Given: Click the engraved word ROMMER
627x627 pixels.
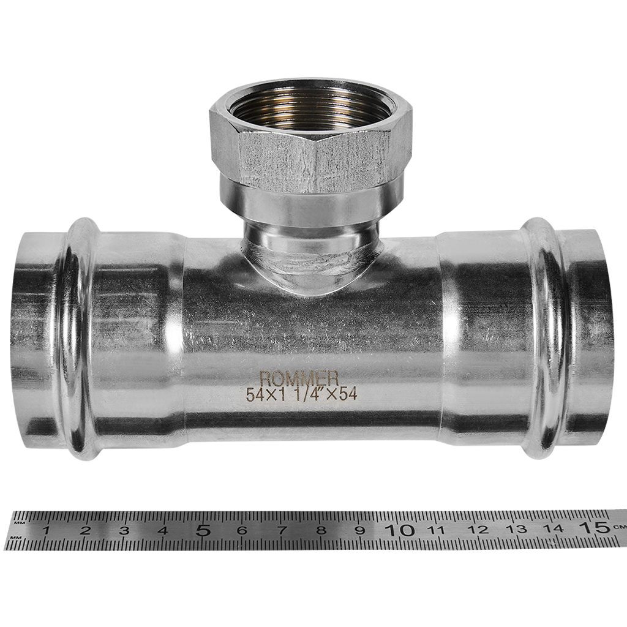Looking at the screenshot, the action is [x=299, y=378].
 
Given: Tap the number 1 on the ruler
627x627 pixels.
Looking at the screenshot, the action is [x=46, y=531].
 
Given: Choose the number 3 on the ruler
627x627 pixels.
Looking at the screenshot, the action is [x=124, y=531].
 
